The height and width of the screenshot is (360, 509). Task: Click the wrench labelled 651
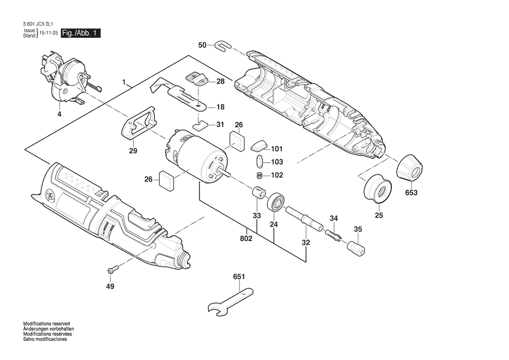tap(229, 300)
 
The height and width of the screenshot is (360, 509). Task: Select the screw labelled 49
tap(111, 270)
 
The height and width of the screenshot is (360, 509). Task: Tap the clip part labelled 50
tap(222, 45)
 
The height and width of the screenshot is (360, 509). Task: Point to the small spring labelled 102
tap(260, 175)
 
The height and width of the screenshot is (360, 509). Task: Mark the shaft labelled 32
tap(305, 218)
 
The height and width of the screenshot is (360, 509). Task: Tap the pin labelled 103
tap(259, 162)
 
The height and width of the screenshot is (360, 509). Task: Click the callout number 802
tap(246, 239)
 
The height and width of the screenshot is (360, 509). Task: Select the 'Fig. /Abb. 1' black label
tap(81, 33)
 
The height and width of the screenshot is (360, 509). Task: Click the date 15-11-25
tap(48, 33)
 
